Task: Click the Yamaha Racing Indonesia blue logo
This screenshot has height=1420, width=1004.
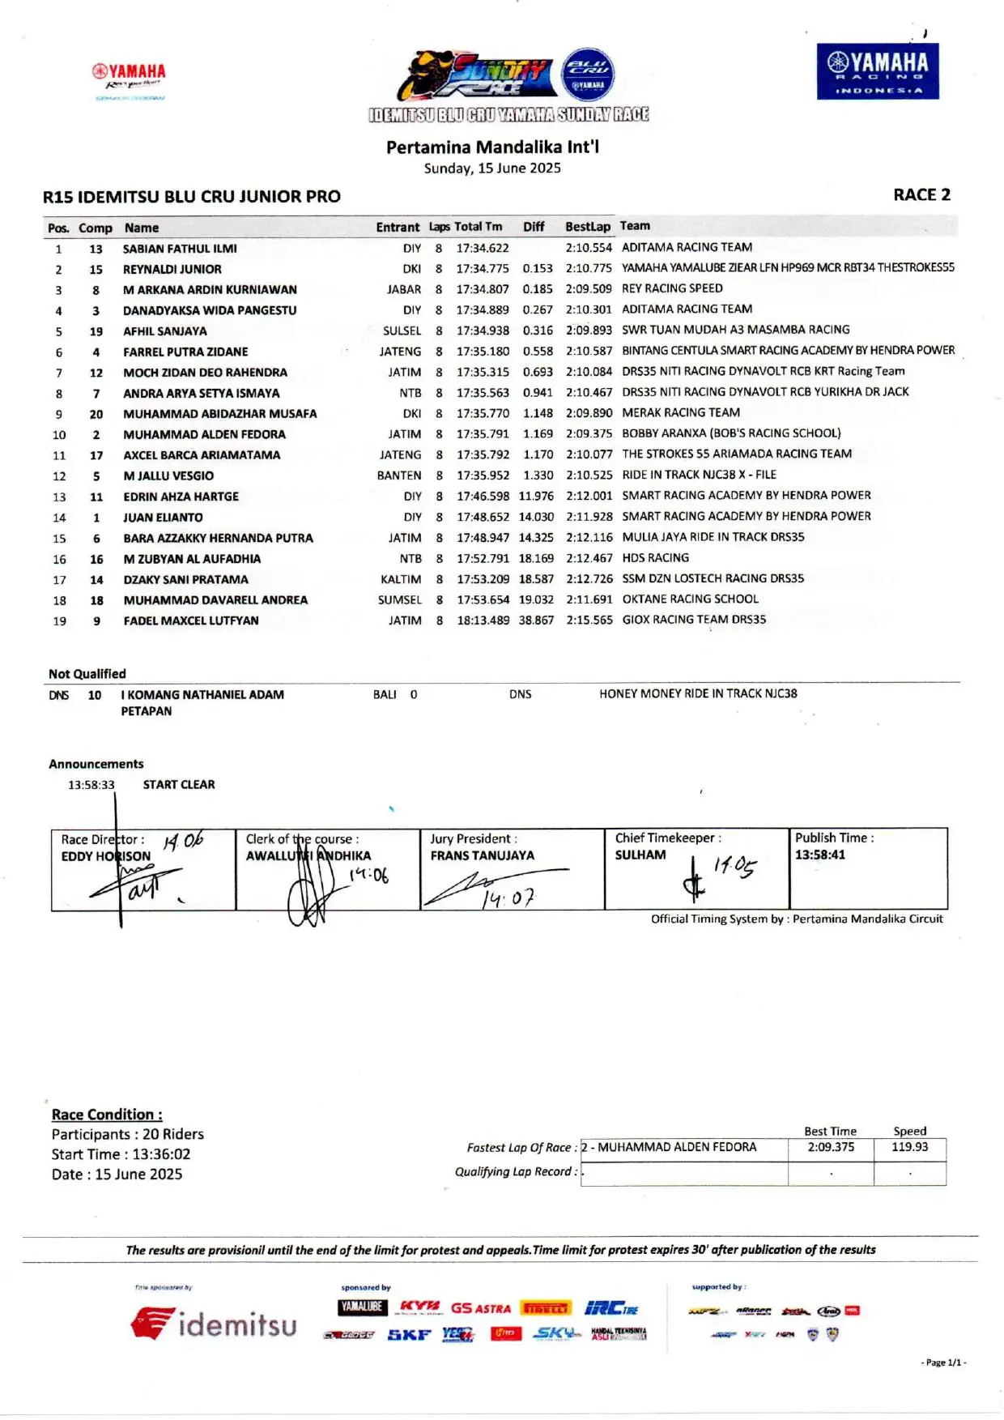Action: pos(878,71)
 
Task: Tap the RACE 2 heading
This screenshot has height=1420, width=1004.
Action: pos(921,195)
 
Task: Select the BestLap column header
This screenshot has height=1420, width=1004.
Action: pos(587,227)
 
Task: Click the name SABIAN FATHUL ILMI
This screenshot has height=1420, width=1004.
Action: pos(180,249)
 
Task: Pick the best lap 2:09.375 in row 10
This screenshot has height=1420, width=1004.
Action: pos(589,433)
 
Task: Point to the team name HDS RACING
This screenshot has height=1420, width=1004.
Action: pos(655,558)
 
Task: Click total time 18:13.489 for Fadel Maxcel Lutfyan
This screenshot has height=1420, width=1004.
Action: pos(483,620)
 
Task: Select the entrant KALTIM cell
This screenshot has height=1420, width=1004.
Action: pos(401,579)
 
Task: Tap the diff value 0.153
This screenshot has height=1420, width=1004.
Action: pos(538,269)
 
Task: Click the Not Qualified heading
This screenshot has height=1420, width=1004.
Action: pos(87,674)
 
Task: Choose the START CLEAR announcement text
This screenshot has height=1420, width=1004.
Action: pos(179,785)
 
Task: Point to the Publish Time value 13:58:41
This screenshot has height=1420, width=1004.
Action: pos(819,855)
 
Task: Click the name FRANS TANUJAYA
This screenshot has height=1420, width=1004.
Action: pos(482,855)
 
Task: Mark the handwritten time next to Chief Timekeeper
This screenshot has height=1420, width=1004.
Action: pos(734,867)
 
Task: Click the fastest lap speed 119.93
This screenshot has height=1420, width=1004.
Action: pos(909,1147)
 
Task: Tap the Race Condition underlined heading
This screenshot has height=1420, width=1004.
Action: pos(107,1115)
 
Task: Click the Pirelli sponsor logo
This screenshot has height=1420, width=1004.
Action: pos(547,1308)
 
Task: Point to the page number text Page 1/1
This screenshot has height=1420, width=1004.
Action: pos(944,1362)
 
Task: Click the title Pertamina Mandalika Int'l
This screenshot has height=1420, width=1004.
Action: pos(492,147)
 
